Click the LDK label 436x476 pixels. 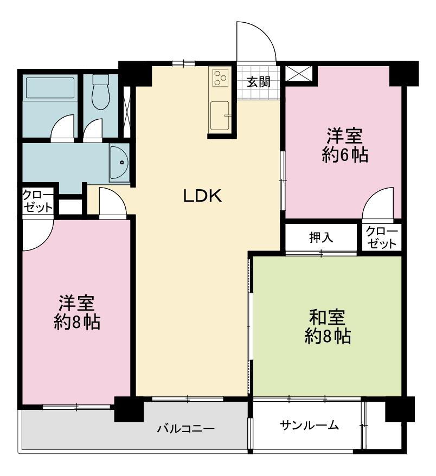click(x=203, y=196)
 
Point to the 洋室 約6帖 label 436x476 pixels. click(x=345, y=145)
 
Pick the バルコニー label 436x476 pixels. click(x=186, y=429)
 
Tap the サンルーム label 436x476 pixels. click(x=309, y=426)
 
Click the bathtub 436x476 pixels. click(x=50, y=87)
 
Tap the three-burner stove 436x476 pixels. click(x=220, y=78)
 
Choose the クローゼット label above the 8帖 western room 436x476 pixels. click(x=38, y=201)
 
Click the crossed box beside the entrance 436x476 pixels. click(x=299, y=72)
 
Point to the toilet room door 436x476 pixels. click(x=94, y=130)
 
